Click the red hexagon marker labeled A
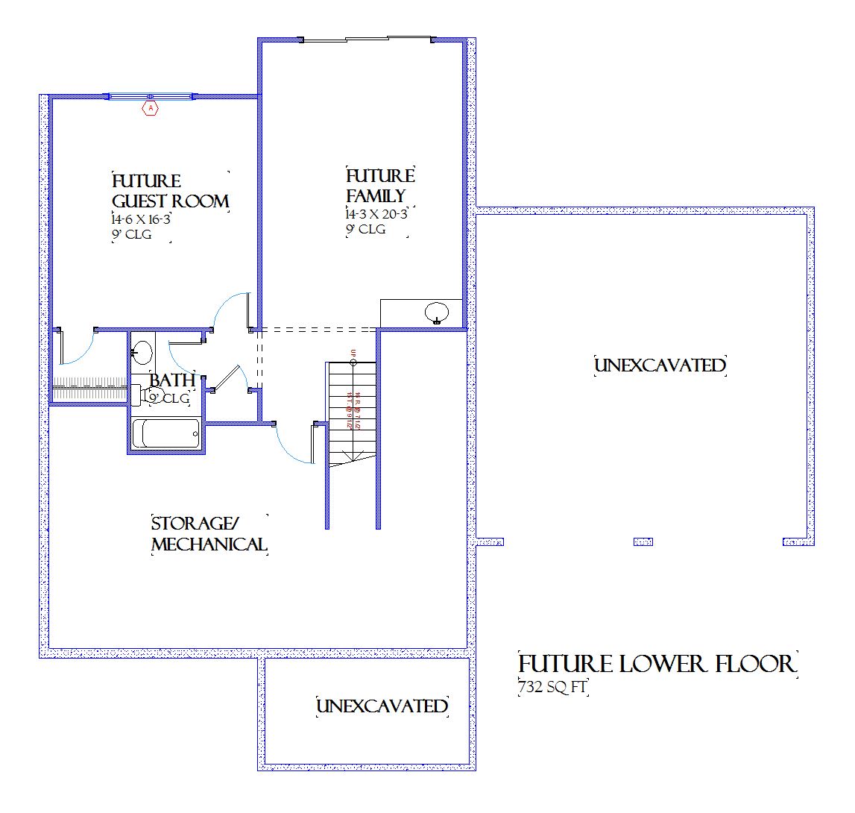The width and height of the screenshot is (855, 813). (x=151, y=108)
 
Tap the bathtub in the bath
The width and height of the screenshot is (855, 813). (x=166, y=433)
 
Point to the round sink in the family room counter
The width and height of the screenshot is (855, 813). (x=435, y=312)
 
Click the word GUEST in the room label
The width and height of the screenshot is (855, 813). (x=139, y=201)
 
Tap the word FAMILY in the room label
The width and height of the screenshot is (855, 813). (x=376, y=196)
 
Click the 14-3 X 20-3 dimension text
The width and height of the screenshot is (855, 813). (x=376, y=214)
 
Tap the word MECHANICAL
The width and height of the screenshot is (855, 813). (x=209, y=544)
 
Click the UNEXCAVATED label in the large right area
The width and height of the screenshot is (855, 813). (x=660, y=365)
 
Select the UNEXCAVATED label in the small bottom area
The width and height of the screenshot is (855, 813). (x=382, y=706)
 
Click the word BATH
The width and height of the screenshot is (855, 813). (x=173, y=380)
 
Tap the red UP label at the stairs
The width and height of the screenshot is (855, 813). (x=353, y=352)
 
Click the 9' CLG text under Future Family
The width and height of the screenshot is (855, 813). (x=365, y=230)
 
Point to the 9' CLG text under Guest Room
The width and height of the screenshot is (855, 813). (x=131, y=235)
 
